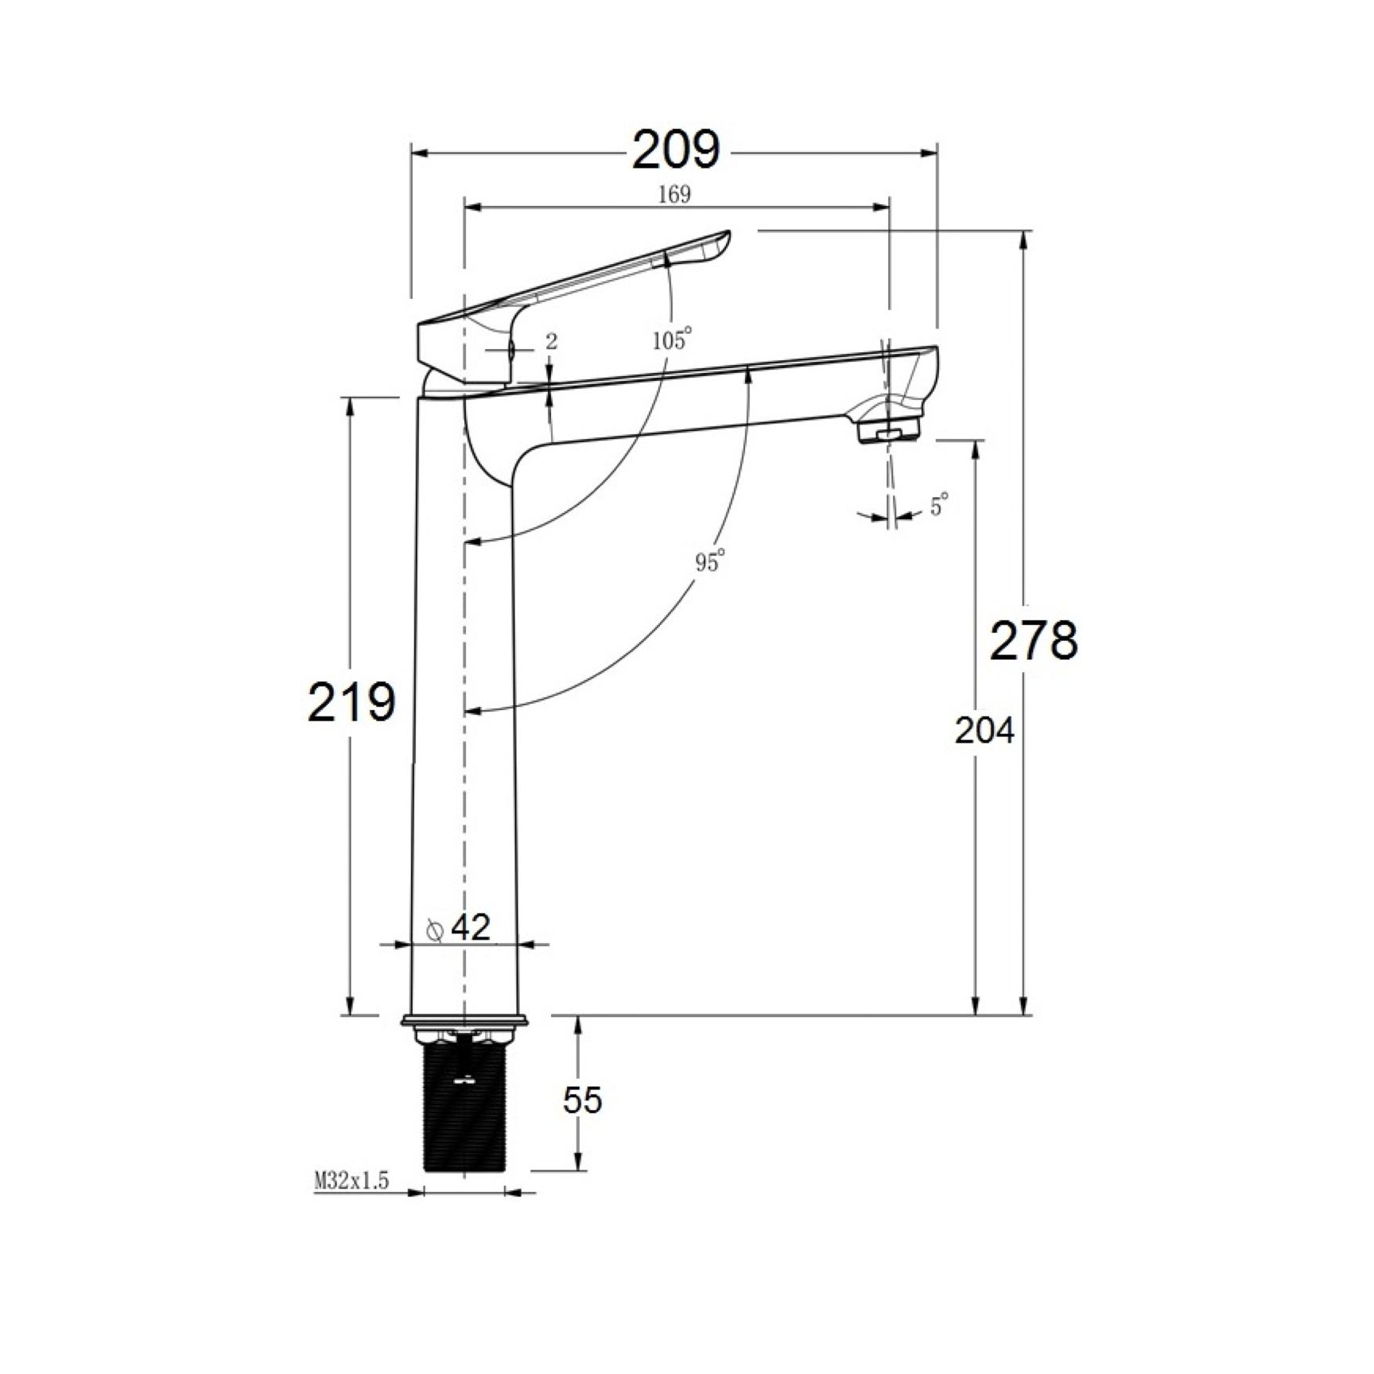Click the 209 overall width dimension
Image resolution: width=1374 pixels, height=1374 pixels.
(x=676, y=149)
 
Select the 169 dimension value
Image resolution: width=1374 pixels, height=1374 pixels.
(x=674, y=194)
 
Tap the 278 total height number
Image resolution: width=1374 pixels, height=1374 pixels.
(x=1034, y=640)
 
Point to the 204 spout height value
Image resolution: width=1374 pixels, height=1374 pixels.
(x=984, y=731)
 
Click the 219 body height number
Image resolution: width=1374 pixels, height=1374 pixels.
(x=351, y=702)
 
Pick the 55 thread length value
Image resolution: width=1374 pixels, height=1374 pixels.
(x=583, y=1100)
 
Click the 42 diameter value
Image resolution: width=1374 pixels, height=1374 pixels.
(x=471, y=927)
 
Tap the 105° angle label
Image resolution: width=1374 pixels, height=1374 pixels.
(x=672, y=340)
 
